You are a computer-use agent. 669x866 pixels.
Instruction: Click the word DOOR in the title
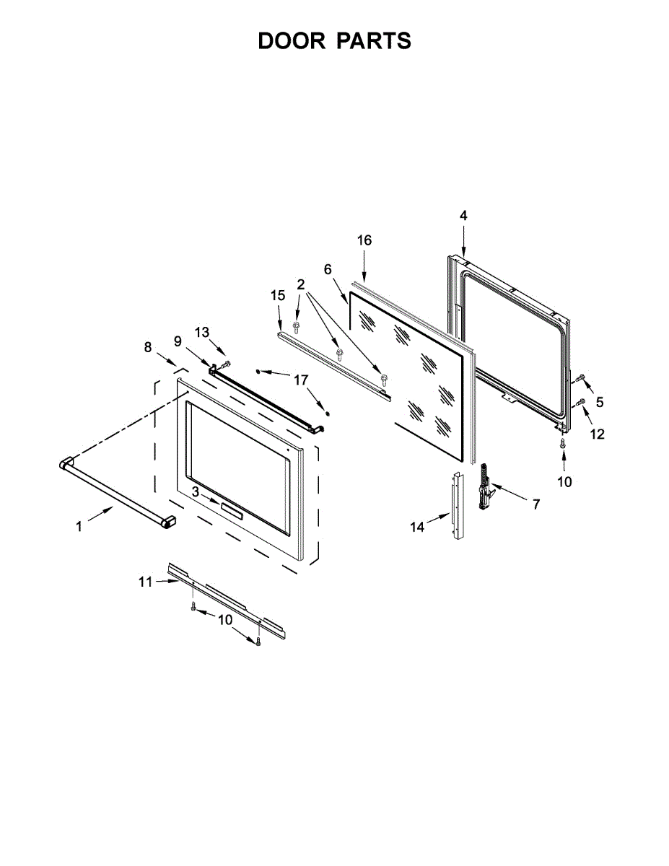click(x=292, y=41)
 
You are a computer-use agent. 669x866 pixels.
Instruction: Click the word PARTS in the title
click(x=373, y=41)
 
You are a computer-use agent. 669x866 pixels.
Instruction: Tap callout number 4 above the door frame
click(x=463, y=215)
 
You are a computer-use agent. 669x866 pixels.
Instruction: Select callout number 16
click(x=364, y=240)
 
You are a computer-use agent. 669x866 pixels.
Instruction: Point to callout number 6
click(x=328, y=269)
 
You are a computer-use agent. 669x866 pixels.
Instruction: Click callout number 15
click(x=278, y=295)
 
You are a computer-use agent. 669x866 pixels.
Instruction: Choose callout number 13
click(x=203, y=331)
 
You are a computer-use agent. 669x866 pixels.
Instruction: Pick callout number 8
click(x=148, y=347)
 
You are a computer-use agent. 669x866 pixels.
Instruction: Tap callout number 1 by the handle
click(x=79, y=527)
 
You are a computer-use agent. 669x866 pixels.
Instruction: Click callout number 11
click(x=146, y=582)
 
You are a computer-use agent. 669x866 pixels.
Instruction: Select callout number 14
click(x=417, y=527)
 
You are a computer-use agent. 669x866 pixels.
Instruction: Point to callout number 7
click(x=535, y=505)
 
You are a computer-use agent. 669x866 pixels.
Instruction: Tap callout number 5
click(x=599, y=402)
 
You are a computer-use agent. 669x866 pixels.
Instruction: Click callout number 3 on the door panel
click(x=196, y=491)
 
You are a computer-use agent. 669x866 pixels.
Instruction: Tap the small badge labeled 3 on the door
click(x=232, y=510)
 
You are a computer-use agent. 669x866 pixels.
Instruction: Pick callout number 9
click(x=177, y=341)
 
